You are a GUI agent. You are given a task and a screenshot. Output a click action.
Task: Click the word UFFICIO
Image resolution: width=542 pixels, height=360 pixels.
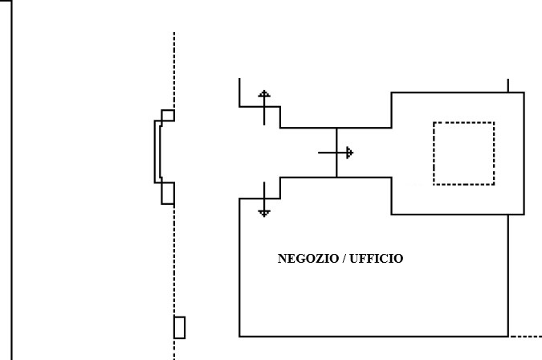pos(378,259)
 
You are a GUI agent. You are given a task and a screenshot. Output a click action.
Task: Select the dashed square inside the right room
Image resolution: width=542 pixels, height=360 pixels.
pos(463,153)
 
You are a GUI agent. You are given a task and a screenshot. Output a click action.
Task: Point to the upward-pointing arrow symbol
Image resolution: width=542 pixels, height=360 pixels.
pos(264,107)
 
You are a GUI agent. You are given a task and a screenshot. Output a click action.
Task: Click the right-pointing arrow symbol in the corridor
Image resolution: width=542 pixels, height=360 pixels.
pos(336,152)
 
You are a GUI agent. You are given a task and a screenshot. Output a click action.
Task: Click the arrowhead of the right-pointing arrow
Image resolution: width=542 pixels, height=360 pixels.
pos(348,152)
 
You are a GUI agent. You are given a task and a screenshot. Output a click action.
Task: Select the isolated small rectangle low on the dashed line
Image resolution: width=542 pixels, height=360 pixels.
pos(179,328)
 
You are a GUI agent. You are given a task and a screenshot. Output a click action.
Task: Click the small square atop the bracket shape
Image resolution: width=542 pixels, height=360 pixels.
pos(168,115)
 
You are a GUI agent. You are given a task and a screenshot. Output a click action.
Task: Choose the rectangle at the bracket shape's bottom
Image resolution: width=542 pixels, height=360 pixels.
pos(168,193)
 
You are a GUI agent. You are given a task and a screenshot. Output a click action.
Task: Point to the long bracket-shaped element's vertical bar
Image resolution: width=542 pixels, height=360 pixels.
pos(157,153)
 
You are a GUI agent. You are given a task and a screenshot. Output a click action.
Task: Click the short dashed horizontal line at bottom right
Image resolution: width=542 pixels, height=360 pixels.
pos(526,336)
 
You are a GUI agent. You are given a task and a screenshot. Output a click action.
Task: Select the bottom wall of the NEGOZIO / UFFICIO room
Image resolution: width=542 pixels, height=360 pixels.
pos(373,336)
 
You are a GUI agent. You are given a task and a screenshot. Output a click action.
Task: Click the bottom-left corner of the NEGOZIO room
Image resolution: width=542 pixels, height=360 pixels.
pos(240,336)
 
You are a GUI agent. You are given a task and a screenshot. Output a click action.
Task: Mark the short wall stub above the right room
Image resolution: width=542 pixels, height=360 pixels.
pos(507,85)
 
